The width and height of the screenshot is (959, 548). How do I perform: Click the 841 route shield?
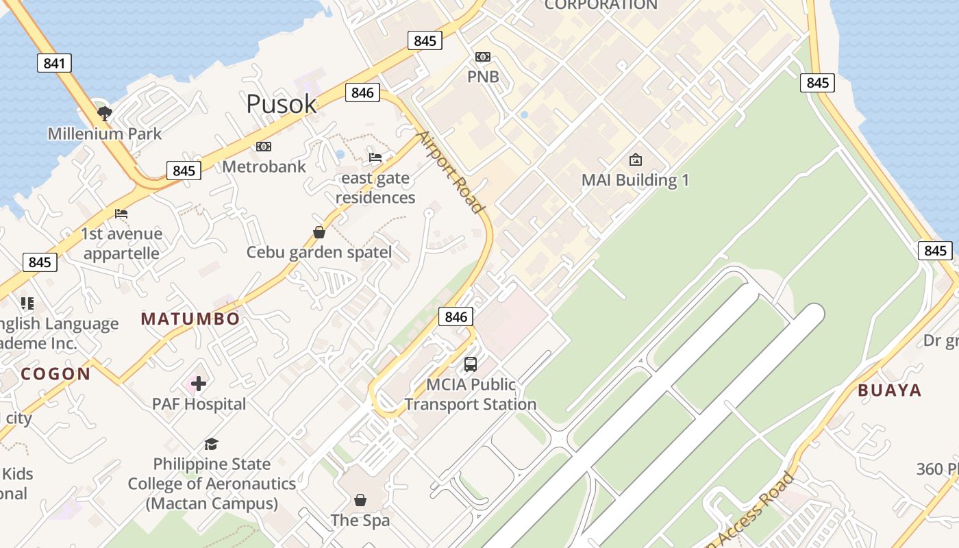(x=54, y=64)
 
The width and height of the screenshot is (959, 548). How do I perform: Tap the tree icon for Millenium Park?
(x=104, y=112)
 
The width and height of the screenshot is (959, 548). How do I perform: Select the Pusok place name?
(x=281, y=104)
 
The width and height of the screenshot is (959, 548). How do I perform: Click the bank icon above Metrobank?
(x=264, y=147)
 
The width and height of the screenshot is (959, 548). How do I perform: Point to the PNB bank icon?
(x=483, y=57)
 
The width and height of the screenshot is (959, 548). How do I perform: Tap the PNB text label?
(x=483, y=76)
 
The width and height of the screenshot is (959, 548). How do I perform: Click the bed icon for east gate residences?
(x=375, y=158)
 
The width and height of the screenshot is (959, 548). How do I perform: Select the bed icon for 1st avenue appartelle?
(x=121, y=214)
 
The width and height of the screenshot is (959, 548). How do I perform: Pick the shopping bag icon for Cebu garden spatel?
(x=319, y=232)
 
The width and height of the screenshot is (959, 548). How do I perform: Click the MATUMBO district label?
(x=190, y=319)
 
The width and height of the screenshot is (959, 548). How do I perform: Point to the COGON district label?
(x=55, y=374)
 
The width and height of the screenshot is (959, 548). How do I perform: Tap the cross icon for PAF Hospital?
(x=199, y=384)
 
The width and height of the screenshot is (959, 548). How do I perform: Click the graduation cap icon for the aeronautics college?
(x=211, y=444)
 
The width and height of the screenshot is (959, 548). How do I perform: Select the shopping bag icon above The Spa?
(x=360, y=500)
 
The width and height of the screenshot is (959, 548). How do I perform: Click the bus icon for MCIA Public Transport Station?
(x=471, y=364)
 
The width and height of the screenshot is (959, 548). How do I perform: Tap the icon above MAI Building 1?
(x=635, y=160)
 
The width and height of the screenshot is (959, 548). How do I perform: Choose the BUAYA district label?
(x=890, y=390)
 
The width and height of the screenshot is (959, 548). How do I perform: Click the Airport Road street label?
(x=451, y=171)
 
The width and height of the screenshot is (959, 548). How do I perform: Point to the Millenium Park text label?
(x=105, y=134)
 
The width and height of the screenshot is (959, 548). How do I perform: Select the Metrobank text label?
(x=264, y=166)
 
